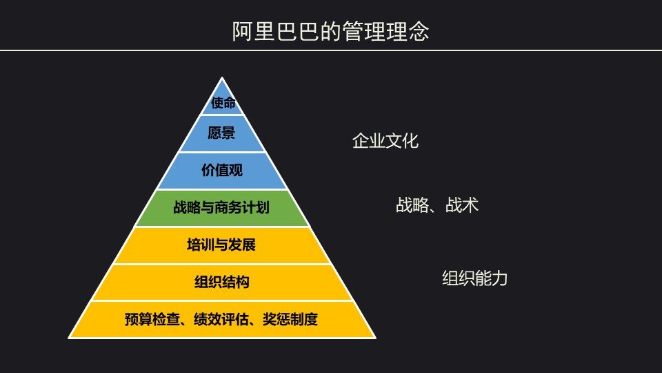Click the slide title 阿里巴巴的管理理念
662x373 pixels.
[330, 31]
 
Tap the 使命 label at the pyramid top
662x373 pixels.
[223, 103]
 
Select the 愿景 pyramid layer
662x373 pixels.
[222, 133]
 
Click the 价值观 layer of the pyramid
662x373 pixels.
[222, 171]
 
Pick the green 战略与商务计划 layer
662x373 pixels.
[222, 208]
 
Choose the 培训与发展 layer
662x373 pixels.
[222, 245]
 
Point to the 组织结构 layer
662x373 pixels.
[222, 282]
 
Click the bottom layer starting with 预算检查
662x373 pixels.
[222, 319]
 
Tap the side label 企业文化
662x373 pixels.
[385, 141]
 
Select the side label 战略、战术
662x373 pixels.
[437, 205]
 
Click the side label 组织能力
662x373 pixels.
[475, 278]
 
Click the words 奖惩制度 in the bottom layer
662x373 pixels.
[290, 319]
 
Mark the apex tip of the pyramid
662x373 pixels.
[222, 77]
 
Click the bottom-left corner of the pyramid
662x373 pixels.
[69, 338]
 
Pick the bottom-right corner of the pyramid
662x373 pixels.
[375, 338]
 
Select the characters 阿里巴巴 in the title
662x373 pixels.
[275, 31]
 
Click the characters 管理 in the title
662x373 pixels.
[363, 31]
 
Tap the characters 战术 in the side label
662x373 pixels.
[462, 205]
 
